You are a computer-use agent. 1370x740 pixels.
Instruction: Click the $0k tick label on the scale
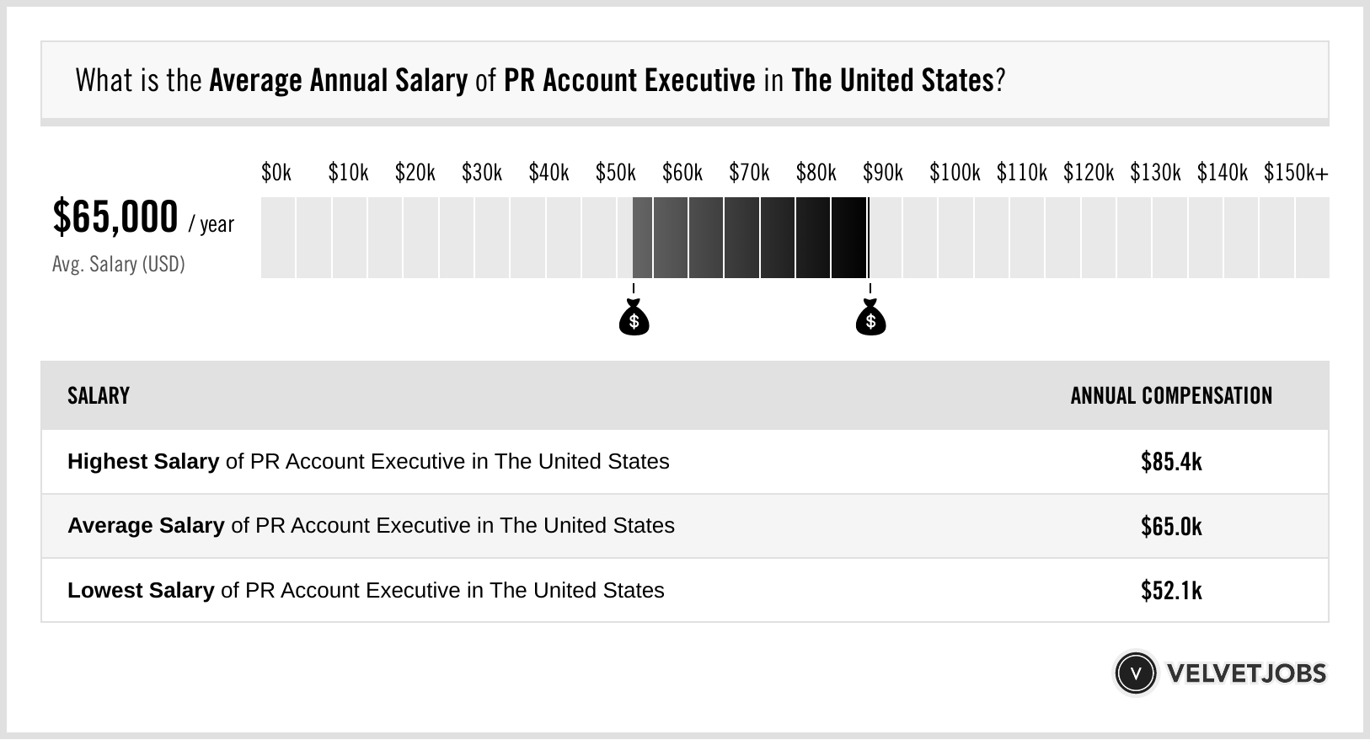tap(276, 173)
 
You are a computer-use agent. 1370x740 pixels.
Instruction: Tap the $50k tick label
tap(615, 173)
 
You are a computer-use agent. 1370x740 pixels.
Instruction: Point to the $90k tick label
tap(882, 173)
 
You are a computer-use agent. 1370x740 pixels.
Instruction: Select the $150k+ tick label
tap(1295, 173)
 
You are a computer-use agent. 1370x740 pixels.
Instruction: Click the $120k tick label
tap(1088, 173)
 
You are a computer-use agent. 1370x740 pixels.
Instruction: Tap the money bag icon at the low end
tap(634, 319)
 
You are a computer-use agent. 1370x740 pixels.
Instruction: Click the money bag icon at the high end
tap(870, 319)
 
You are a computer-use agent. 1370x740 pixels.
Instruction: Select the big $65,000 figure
tap(115, 217)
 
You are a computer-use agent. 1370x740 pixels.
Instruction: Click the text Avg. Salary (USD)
tap(118, 265)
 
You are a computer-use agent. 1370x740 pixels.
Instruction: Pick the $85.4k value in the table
tap(1171, 462)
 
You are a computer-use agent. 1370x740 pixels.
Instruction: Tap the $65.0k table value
tap(1171, 527)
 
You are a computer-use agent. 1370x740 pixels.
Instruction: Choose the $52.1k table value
tap(1171, 591)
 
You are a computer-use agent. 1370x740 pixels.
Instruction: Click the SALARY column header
tap(99, 396)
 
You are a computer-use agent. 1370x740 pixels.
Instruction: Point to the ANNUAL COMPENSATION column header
tap(1171, 396)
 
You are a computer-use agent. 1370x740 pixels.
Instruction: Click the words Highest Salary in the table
tap(143, 462)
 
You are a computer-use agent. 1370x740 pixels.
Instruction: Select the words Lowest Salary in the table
tap(141, 591)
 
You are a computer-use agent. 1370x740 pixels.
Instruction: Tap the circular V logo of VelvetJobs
tap(1135, 673)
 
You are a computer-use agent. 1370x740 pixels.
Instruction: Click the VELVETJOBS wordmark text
tap(1246, 673)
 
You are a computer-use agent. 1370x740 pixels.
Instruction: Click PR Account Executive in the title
tap(629, 81)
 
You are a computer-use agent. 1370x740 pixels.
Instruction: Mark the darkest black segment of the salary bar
tap(848, 238)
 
